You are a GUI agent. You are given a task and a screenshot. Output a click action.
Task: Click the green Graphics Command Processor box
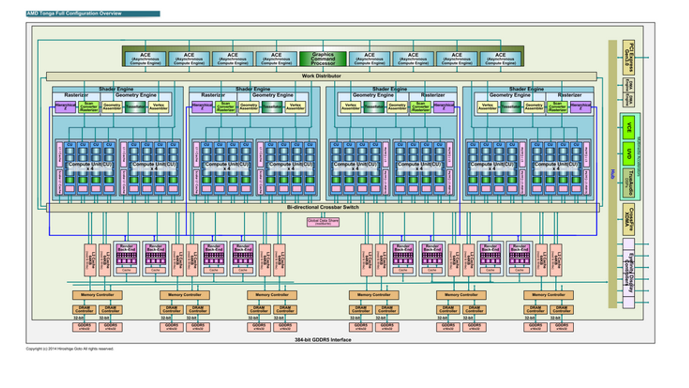323,59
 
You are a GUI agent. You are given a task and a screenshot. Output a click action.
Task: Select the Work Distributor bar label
321,76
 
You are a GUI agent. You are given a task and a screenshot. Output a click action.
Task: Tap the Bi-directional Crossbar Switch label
323,207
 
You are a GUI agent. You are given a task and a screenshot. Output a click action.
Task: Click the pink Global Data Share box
323,222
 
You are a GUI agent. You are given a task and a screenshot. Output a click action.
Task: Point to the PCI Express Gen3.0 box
629,57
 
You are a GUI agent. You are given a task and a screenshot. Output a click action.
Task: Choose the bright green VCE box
629,128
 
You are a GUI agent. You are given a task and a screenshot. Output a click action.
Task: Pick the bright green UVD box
629,153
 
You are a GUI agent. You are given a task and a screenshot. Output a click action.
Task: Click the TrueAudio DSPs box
629,182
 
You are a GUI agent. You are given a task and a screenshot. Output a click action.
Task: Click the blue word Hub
612,174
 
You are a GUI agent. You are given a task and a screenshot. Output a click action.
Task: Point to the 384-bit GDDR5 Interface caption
323,340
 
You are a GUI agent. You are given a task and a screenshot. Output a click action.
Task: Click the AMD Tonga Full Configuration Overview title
74,14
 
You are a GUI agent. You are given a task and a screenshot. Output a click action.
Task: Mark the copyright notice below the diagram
70,349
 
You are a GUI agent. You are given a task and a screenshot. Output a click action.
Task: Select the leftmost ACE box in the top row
145,59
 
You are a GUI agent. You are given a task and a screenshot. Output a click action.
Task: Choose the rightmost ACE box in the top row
500,59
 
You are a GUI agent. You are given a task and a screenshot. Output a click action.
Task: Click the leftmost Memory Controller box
97,295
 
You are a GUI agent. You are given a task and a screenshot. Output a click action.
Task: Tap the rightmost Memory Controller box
548,295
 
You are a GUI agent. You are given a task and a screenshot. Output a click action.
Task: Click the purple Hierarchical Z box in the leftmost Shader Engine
65,106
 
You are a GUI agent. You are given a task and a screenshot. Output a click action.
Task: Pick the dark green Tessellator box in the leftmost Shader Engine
135,106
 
